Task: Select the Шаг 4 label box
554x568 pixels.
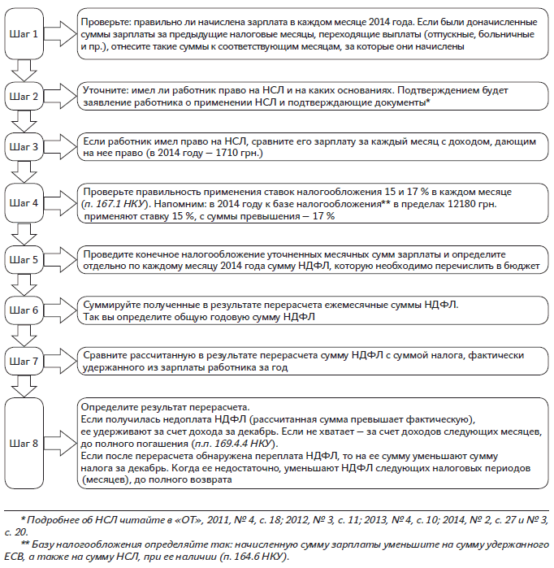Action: pyautogui.click(x=27, y=202)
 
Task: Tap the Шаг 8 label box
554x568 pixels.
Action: pyautogui.click(x=27, y=443)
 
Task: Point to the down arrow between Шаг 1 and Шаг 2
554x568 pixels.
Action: pyautogui.click(x=27, y=71)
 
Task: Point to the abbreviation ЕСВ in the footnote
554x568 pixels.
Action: pyautogui.click(x=11, y=558)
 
